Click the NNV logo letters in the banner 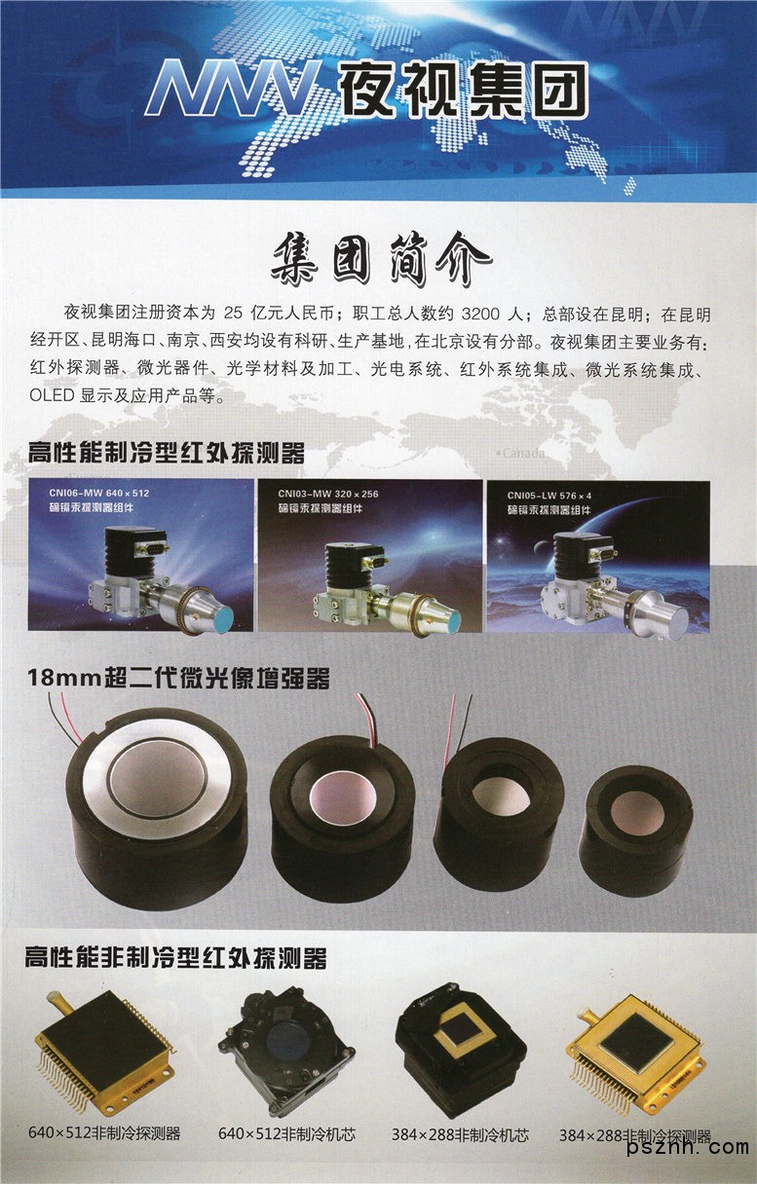click(x=233, y=88)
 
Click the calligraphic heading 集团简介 click(x=381, y=258)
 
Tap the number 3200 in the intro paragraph click(x=480, y=314)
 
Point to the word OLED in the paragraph click(x=52, y=395)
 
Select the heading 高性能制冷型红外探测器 click(x=167, y=453)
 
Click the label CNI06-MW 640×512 click(x=99, y=493)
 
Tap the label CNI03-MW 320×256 click(x=328, y=495)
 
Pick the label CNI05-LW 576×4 click(x=549, y=496)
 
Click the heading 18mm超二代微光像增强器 click(x=178, y=678)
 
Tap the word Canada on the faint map click(x=522, y=453)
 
